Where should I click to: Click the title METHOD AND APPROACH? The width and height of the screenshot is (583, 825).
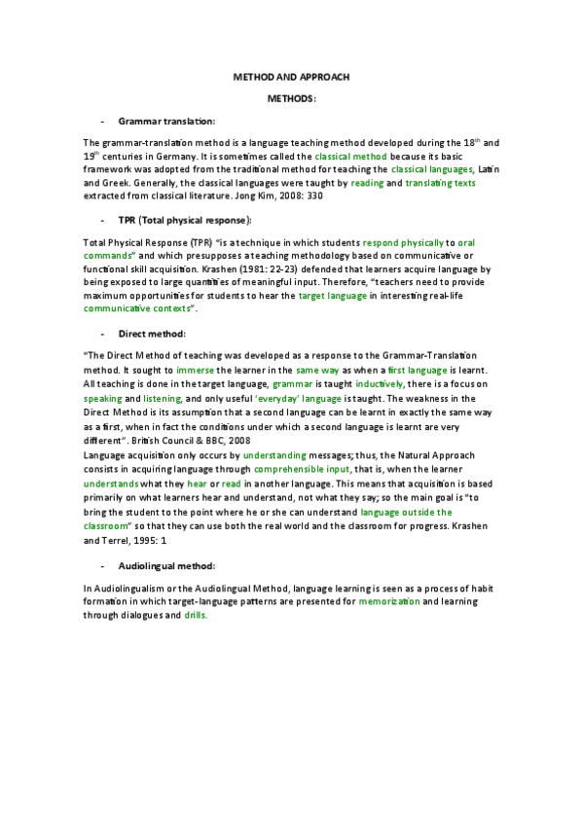pyautogui.click(x=291, y=76)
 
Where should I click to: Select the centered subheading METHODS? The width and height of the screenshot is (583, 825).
pyautogui.click(x=291, y=99)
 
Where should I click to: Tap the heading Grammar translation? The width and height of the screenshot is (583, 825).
pyautogui.click(x=166, y=121)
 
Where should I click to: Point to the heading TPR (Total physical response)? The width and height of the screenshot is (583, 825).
pyautogui.click(x=184, y=219)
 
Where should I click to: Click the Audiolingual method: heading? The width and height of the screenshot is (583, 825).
pyautogui.click(x=166, y=565)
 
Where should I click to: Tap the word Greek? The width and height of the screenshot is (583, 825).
pyautogui.click(x=110, y=182)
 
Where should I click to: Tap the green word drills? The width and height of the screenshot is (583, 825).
pyautogui.click(x=195, y=616)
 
